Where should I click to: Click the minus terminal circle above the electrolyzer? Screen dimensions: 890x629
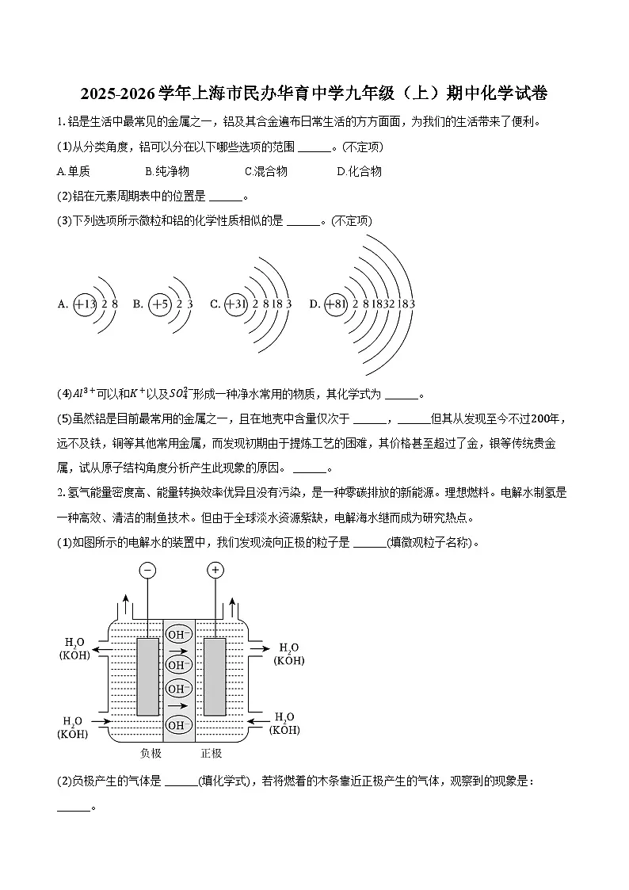point(147,570)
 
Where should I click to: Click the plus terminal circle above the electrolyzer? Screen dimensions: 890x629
point(215,570)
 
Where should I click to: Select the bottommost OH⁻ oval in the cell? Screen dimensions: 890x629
point(178,724)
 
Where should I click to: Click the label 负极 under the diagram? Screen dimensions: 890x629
point(151,753)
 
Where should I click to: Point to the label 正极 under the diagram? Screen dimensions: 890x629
point(211,753)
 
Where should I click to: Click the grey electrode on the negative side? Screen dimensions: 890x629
point(147,676)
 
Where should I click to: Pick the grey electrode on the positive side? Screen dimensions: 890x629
point(215,676)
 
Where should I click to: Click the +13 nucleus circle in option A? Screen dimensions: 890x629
point(85,304)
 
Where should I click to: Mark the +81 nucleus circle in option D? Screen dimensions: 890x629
point(336,304)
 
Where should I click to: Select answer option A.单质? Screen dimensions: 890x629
point(74,171)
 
